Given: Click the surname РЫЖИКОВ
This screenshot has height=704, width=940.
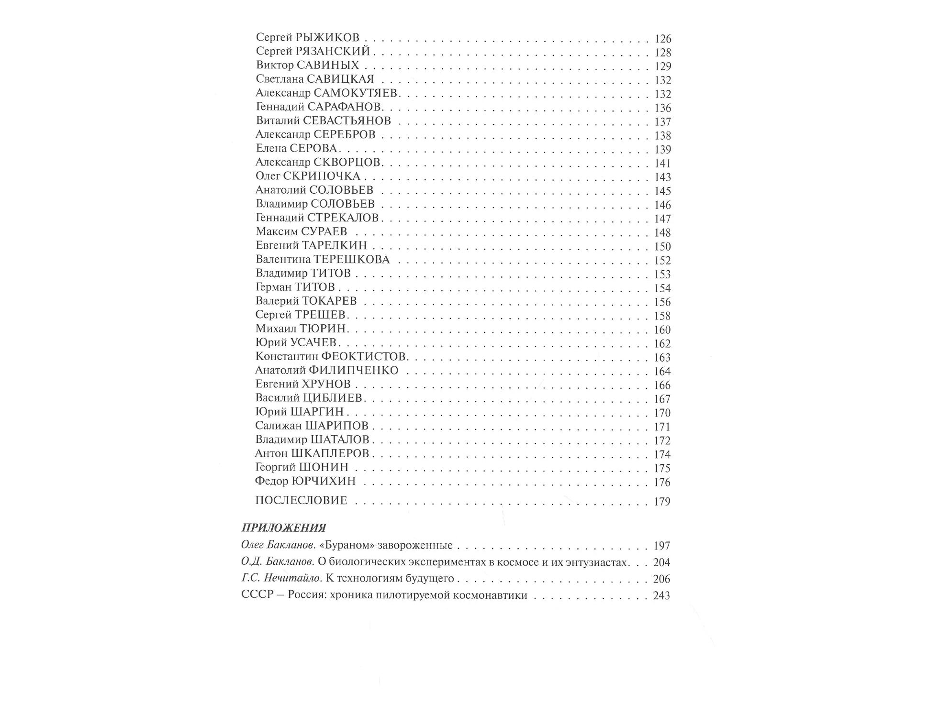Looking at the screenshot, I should click(327, 37).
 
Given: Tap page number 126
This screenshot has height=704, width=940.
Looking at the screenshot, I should click(663, 38).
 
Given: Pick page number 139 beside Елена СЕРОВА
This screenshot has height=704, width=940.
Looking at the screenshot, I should click(663, 149).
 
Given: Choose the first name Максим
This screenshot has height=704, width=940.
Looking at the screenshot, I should click(277, 231).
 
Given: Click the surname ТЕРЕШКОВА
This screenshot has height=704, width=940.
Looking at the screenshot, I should click(351, 259).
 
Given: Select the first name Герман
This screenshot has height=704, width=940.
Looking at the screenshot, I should click(273, 287).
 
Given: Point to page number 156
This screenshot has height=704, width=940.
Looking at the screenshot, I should click(662, 302).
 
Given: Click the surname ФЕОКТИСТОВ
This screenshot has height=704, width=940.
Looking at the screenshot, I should click(363, 356).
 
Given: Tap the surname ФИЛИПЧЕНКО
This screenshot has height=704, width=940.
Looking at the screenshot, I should click(353, 370).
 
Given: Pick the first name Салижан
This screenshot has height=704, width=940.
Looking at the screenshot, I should click(278, 426).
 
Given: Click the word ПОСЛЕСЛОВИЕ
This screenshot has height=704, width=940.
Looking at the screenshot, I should click(301, 500).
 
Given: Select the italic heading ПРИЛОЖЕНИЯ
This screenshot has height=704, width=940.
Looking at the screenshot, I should click(284, 528).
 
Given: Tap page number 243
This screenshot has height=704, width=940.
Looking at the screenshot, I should click(661, 595).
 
